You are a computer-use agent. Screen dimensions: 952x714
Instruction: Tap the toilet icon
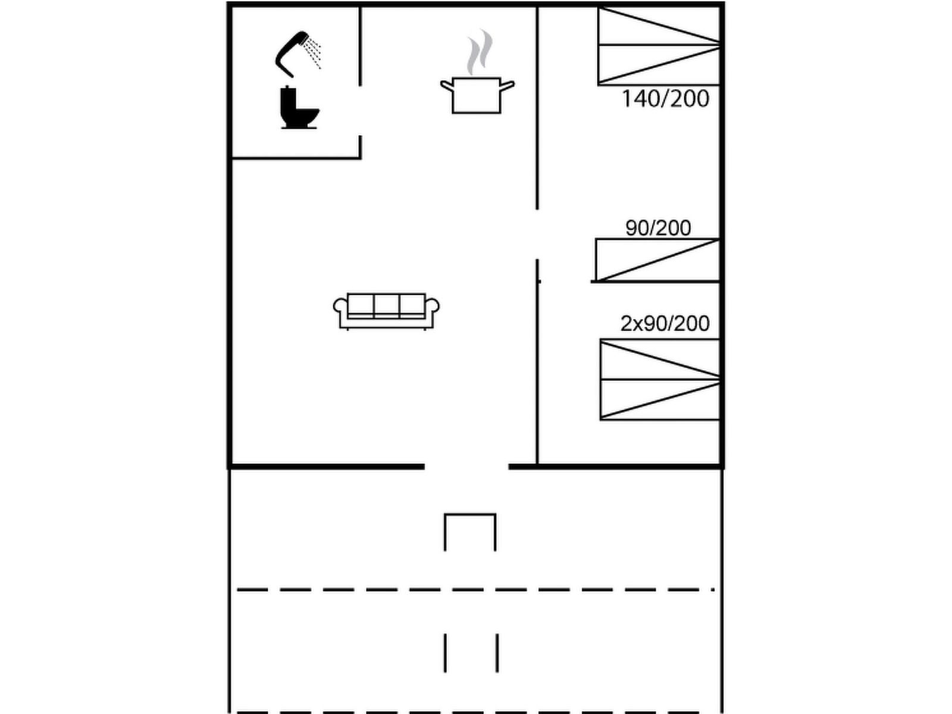pos(299,107)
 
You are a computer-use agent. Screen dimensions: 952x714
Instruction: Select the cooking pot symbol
pos(477,95)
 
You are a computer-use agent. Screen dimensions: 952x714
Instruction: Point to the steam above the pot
pos(479,52)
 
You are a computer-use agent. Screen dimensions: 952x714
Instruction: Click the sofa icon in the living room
pos(386,311)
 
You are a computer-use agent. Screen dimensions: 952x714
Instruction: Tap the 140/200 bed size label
pos(665,99)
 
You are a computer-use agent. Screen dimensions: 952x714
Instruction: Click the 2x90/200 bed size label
pos(665,324)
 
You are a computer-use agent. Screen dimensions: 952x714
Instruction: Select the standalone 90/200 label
pos(658,228)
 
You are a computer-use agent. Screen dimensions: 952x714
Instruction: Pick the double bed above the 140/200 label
pos(659,46)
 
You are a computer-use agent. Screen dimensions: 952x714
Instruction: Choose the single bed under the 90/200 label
pos(657,260)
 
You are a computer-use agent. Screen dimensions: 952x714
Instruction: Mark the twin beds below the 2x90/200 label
pos(660,380)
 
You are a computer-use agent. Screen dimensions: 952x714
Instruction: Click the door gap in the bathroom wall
pos(360,111)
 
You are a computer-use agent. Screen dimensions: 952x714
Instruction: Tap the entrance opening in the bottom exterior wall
pos(466,466)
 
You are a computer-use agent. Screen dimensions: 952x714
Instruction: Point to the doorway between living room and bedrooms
pos(537,234)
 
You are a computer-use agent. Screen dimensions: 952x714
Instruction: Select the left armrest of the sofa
pos(340,306)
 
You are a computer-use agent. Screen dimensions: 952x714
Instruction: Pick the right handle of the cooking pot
pos(508,85)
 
